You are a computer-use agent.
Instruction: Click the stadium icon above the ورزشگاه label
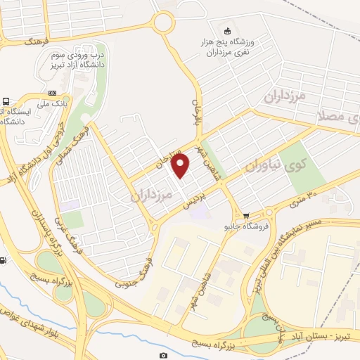click(226, 30)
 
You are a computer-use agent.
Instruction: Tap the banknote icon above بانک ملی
click(52, 93)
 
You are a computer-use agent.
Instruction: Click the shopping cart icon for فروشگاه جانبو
click(245, 216)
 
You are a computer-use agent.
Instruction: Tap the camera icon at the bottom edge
click(164, 356)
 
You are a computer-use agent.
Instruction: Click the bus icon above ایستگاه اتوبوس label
click(6, 101)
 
